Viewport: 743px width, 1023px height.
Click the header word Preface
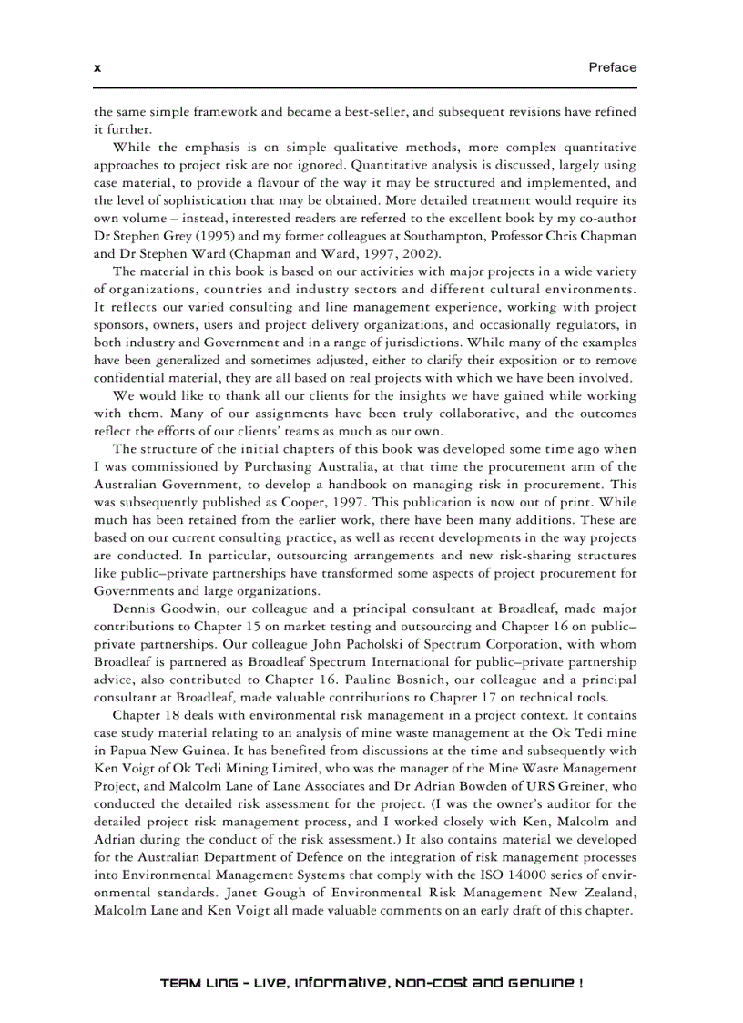pos(612,67)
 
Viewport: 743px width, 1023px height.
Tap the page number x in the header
pos(97,68)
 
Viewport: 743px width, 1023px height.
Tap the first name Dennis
pos(136,608)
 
